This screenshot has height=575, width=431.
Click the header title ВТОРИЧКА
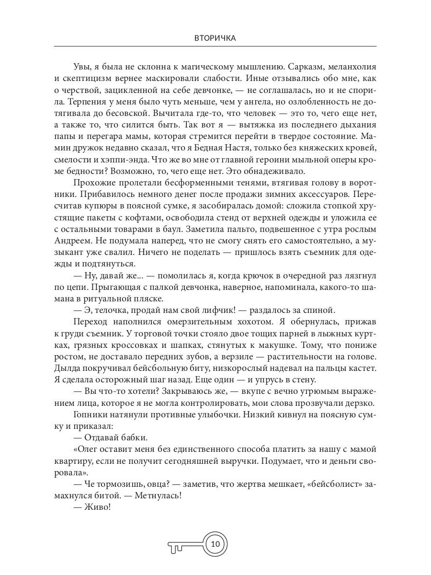pyautogui.click(x=215, y=38)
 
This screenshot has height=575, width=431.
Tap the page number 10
pyautogui.click(x=215, y=543)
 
